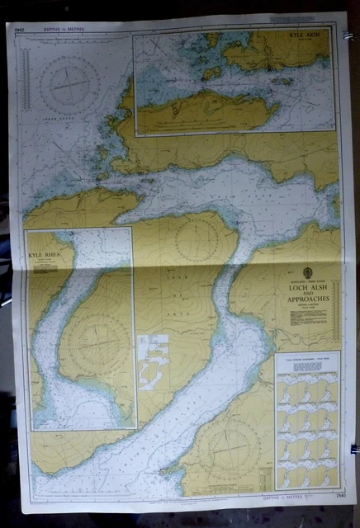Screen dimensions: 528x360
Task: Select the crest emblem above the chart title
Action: pos(307,275)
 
